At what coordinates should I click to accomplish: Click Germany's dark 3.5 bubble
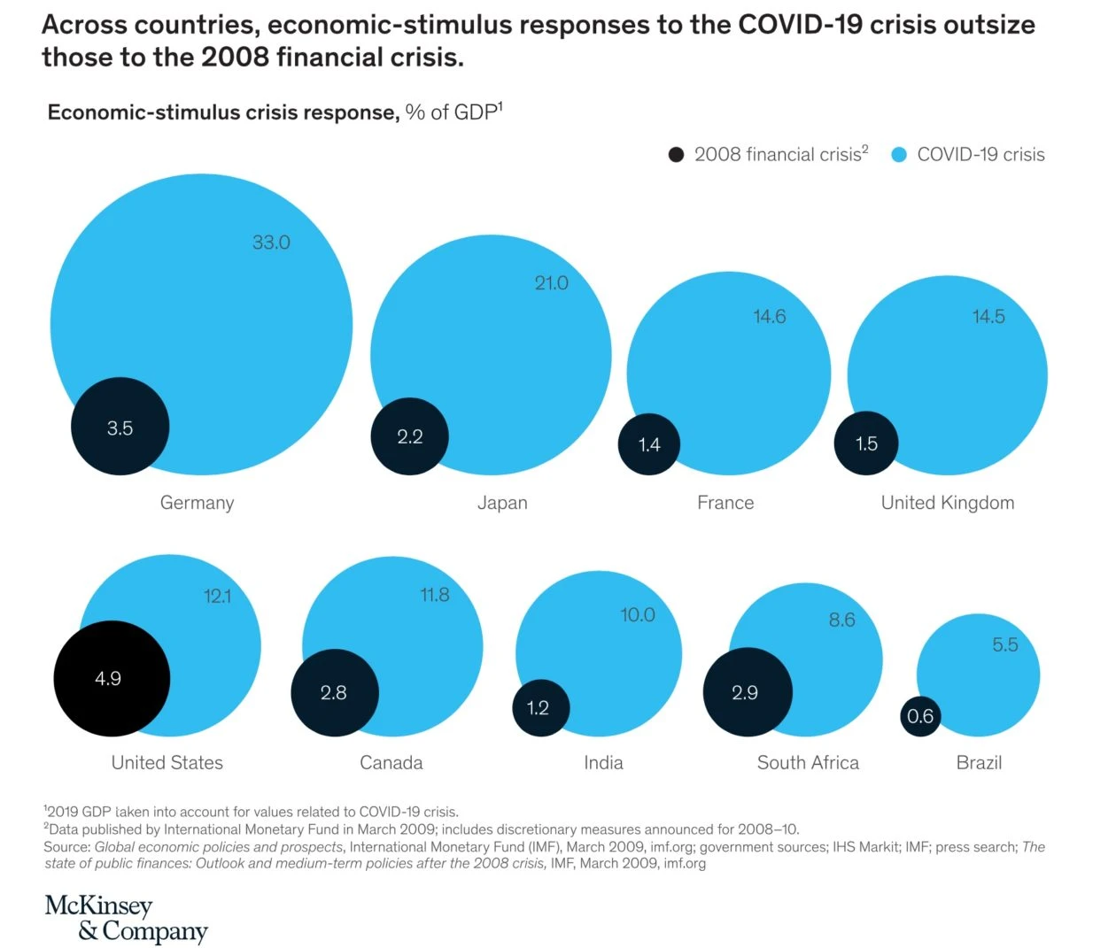(120, 427)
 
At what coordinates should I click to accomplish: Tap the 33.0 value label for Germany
(271, 243)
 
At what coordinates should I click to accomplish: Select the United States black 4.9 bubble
(112, 679)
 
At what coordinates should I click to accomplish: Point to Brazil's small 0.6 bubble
(920, 716)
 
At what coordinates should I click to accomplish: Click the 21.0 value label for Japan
(551, 283)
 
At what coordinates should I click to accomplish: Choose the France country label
(725, 503)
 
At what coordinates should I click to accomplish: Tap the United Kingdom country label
(948, 503)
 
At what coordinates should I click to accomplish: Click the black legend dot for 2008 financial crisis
(677, 155)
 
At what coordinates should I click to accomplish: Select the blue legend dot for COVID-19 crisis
(899, 155)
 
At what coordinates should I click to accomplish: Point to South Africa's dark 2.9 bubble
(748, 692)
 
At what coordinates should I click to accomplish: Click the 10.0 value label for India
(638, 615)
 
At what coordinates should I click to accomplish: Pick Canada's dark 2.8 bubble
(335, 693)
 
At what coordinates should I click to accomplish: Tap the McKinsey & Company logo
(126, 918)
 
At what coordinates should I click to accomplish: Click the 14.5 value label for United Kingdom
(988, 317)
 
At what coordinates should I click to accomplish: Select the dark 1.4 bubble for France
(649, 444)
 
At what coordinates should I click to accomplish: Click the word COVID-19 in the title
(800, 25)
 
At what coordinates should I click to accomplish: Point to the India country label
(604, 763)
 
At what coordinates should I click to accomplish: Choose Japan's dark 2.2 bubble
(410, 436)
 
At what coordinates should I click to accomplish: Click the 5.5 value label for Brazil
(1005, 644)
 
